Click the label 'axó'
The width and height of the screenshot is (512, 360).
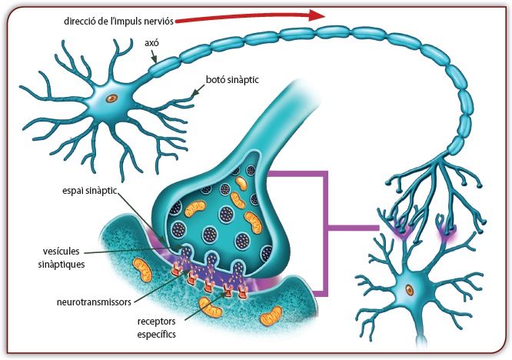152,43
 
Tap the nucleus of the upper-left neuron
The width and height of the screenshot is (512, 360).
112,98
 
